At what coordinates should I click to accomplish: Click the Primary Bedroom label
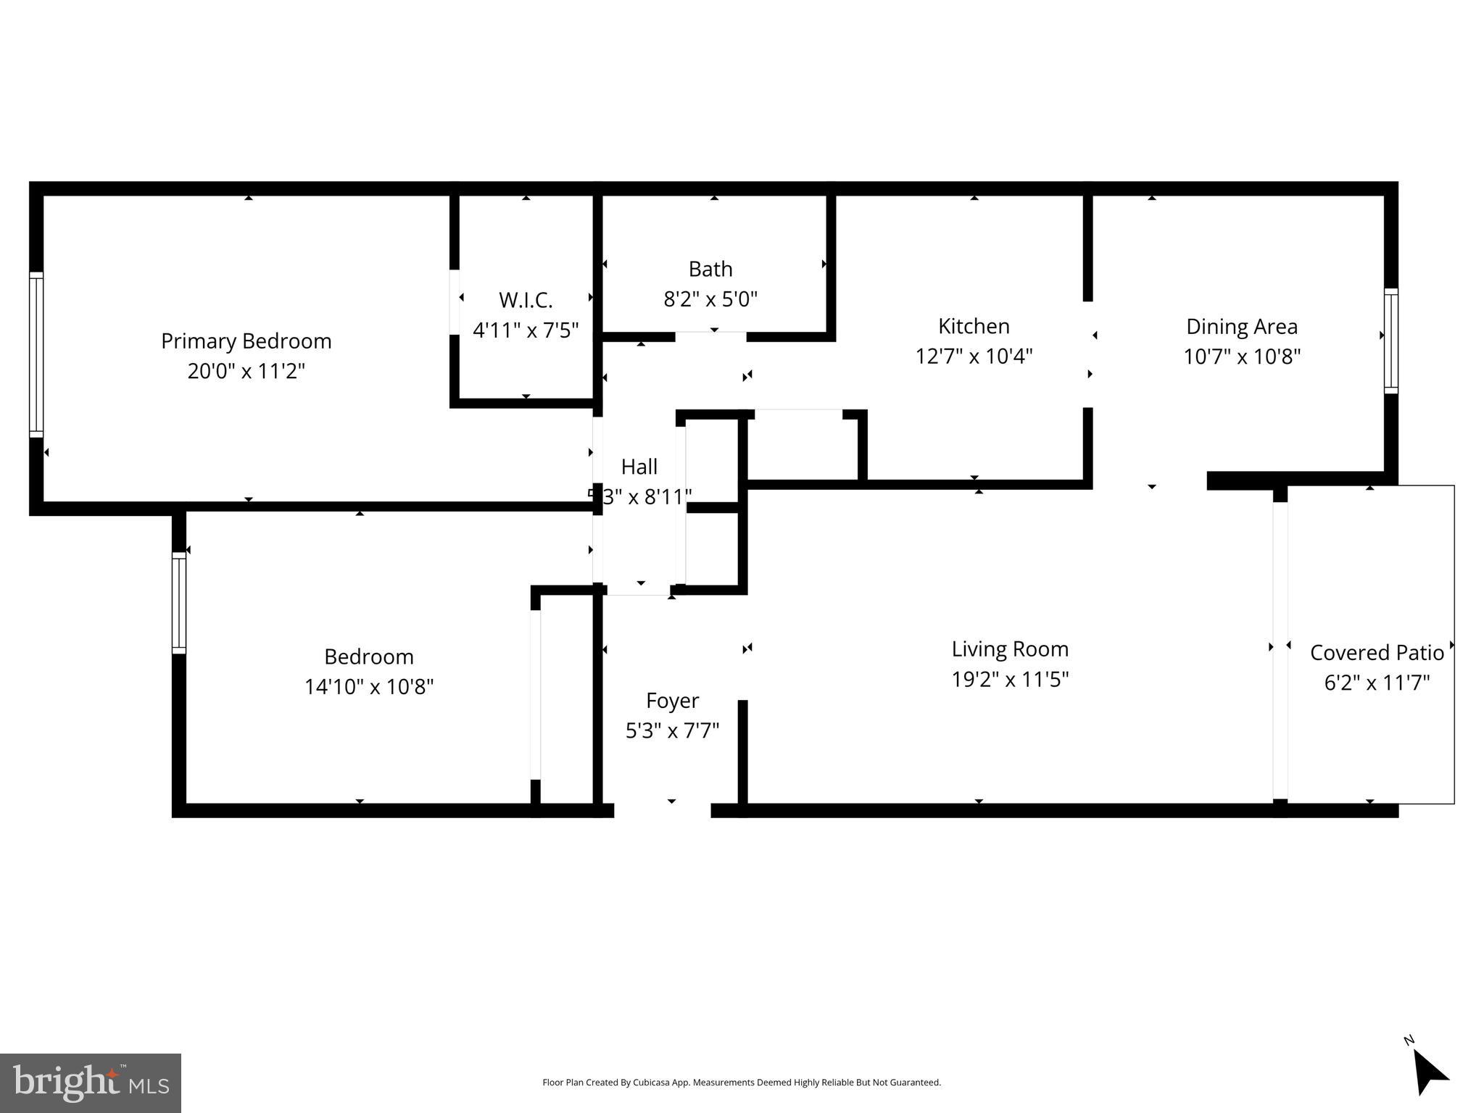[x=246, y=341]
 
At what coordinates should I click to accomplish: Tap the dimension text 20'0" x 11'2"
[x=246, y=371]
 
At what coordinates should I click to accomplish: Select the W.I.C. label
[x=526, y=300]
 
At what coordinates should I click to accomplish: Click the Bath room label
[x=710, y=269]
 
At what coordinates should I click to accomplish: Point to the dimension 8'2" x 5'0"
[x=710, y=299]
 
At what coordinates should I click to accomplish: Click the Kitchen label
[x=974, y=326]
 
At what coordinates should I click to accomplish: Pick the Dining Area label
[x=1242, y=326]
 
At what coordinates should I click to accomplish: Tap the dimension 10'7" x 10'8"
[x=1242, y=357]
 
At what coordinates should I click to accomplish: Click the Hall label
[x=639, y=467]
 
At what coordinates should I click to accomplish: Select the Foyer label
[x=672, y=701]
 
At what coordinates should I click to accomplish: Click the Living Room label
[x=1010, y=649]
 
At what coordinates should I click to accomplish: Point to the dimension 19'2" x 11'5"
[x=1010, y=679]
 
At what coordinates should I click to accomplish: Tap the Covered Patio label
[x=1377, y=653]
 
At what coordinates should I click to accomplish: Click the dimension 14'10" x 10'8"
[x=369, y=686]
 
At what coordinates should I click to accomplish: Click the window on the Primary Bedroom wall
[x=36, y=355]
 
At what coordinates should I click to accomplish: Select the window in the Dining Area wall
[x=1390, y=341]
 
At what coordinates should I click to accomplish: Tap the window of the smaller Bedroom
[x=179, y=603]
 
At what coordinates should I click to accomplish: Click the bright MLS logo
[x=91, y=1083]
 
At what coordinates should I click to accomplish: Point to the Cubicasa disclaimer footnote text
[x=742, y=1083]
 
